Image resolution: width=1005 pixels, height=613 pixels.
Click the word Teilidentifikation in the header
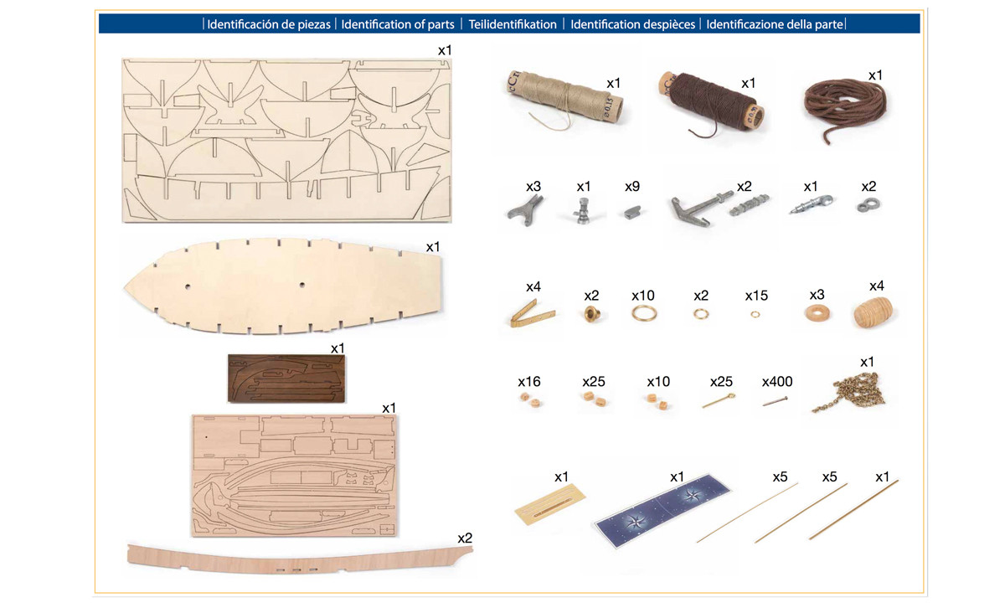pos(513,24)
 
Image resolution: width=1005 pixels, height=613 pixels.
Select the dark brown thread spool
pos(712,102)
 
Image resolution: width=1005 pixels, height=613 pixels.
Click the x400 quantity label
pos(777,382)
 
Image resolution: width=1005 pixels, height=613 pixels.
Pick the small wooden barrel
pos(873,312)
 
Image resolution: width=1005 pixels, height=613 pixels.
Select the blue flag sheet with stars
pos(663,510)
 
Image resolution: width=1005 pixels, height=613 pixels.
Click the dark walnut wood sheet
pos(286,379)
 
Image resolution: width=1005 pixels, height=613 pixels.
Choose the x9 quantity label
pos(632,187)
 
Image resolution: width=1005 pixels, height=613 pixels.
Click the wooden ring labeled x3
pos(817,313)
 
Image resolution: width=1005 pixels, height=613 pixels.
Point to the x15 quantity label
pos(756,296)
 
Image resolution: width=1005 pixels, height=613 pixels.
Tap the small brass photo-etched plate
pos(550,503)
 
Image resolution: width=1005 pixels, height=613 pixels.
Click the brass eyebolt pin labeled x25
pos(719,400)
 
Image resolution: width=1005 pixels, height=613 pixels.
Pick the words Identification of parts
pos(398,24)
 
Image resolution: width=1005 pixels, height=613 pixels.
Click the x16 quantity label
pos(529,382)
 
